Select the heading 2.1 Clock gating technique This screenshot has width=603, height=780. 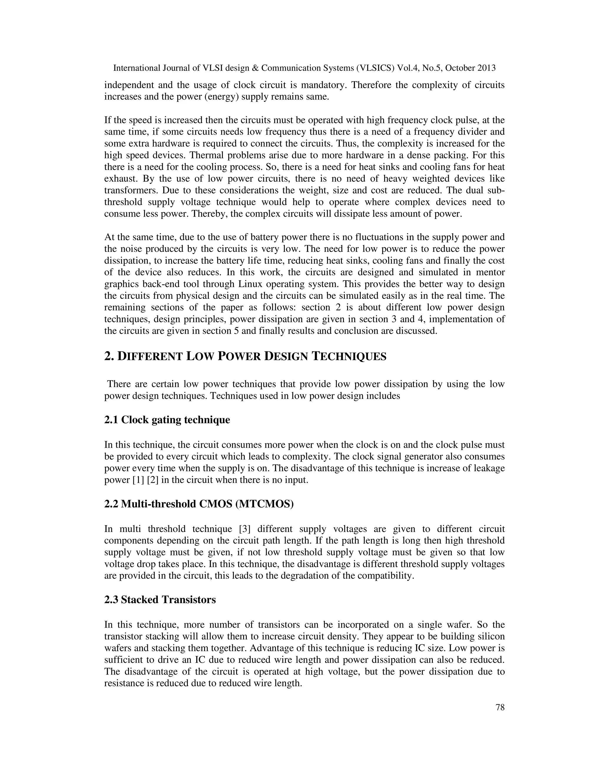click(167, 420)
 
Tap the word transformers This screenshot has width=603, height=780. click(130, 190)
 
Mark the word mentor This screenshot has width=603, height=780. click(491, 272)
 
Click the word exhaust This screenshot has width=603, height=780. click(119, 179)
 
